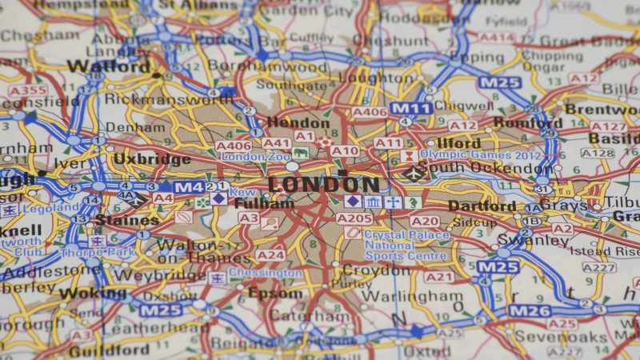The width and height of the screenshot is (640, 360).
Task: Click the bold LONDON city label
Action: [x=323, y=185]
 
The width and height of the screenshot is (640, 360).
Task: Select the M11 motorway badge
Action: [x=411, y=108]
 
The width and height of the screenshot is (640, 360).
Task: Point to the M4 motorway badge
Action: [x=190, y=187]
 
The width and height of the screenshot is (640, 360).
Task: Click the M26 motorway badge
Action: [x=530, y=310]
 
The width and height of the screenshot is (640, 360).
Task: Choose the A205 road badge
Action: [x=354, y=218]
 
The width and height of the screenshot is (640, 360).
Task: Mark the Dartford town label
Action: [x=482, y=206]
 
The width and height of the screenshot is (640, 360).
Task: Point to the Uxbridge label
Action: [x=152, y=158]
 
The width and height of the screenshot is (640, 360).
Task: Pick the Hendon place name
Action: [x=297, y=122]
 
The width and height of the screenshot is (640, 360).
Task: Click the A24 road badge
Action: [x=270, y=255]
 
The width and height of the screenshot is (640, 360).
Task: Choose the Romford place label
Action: [x=527, y=122]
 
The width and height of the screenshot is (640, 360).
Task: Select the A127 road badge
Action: [x=608, y=126]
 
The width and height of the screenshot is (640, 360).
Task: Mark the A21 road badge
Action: [x=438, y=277]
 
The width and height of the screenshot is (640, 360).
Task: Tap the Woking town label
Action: [x=92, y=293]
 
